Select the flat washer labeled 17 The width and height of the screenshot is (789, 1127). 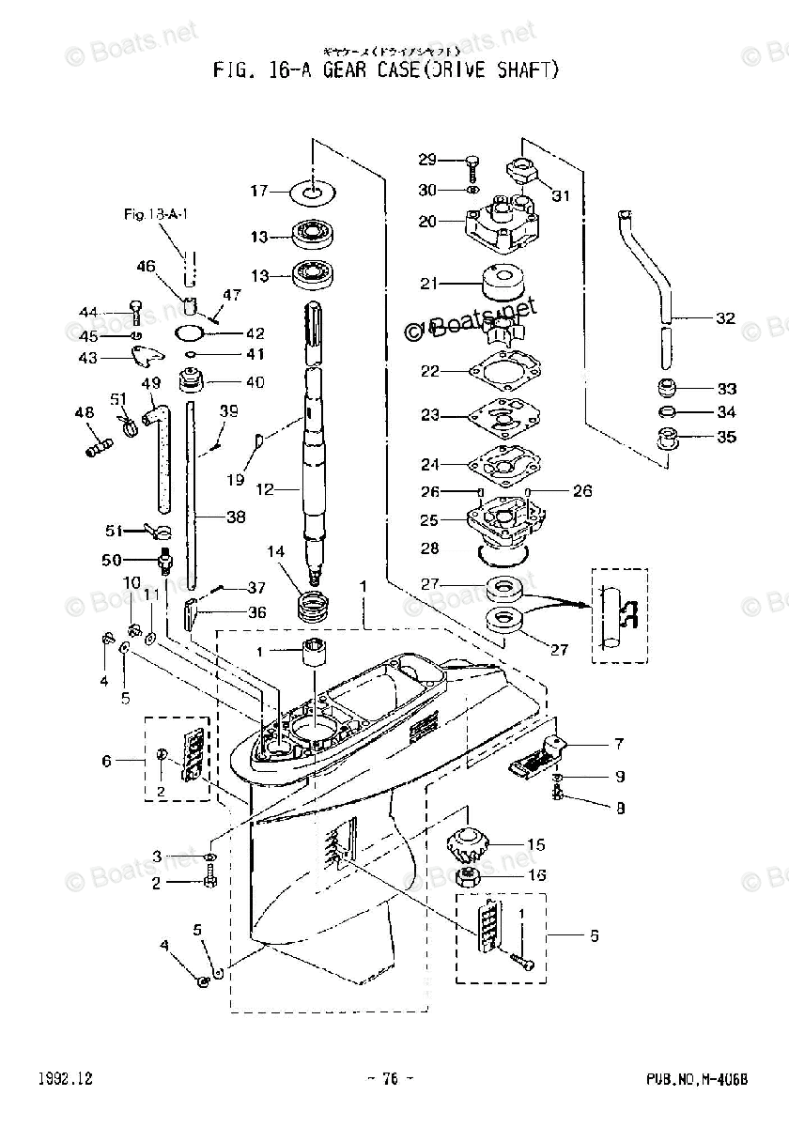pyautogui.click(x=313, y=192)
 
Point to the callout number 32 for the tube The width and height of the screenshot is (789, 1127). pyautogui.click(x=725, y=318)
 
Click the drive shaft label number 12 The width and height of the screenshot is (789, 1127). pyautogui.click(x=265, y=488)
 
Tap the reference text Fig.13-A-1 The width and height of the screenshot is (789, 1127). pyautogui.click(x=156, y=215)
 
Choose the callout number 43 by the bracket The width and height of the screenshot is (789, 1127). pyautogui.click(x=88, y=358)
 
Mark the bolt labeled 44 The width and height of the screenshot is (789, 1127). pyautogui.click(x=135, y=311)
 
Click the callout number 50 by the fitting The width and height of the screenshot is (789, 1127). pyautogui.click(x=113, y=561)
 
